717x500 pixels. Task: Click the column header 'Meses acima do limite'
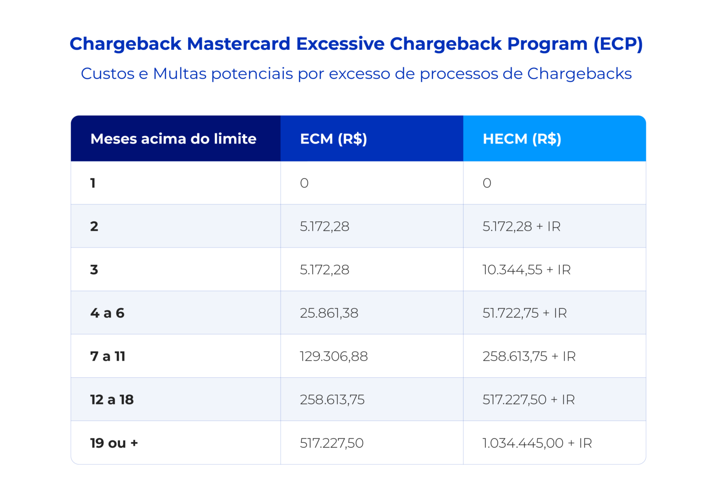coord(173,139)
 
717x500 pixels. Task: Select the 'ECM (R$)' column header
coord(333,139)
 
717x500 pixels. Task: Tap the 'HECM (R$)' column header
coord(521,139)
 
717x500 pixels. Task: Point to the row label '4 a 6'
coord(107,312)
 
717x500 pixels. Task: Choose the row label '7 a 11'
coord(108,356)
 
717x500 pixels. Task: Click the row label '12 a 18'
coord(112,399)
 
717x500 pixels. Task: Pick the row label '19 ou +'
coord(114,443)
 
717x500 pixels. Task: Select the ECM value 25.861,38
coord(329,312)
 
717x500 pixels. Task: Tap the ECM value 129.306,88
coord(334,356)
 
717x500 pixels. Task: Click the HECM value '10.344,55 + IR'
coord(527,270)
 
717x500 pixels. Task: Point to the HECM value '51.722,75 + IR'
coord(525,312)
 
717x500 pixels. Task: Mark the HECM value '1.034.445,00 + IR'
coord(537,443)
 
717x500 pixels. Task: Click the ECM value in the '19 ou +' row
coord(331,443)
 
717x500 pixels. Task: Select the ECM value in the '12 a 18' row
coord(332,399)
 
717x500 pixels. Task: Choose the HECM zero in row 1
coord(487,183)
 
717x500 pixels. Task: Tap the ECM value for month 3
coord(324,270)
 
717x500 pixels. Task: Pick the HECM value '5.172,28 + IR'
coord(521,226)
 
